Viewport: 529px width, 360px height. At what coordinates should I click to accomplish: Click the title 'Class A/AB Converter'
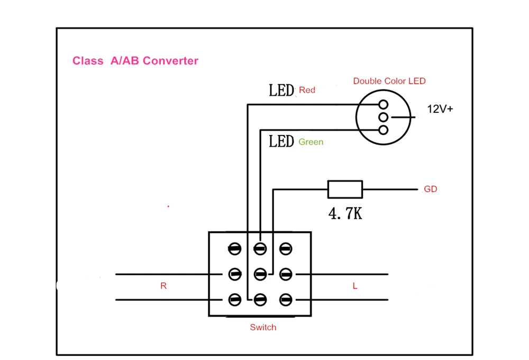135,61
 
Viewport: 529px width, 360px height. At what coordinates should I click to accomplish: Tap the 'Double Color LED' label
389,81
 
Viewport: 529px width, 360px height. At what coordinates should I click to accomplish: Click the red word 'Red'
307,90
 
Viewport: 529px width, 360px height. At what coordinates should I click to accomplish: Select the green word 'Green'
311,142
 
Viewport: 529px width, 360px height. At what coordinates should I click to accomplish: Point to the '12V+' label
440,109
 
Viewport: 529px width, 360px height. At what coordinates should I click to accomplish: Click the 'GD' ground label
431,189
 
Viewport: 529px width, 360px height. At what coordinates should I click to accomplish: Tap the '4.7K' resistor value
345,213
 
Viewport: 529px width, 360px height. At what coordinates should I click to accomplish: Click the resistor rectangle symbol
345,189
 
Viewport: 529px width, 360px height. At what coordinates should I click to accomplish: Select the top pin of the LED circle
383,104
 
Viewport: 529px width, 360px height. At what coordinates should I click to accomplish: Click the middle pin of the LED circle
383,117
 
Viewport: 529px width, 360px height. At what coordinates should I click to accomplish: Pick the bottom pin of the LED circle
383,130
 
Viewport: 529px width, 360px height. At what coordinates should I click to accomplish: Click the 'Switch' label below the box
263,327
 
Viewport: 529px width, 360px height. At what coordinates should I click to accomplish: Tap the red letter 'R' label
163,286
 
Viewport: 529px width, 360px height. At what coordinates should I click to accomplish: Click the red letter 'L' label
355,286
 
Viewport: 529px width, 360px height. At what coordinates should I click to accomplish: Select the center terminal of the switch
260,274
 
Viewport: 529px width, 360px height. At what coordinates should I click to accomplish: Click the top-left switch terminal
235,249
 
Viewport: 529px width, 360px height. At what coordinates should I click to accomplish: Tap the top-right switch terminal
286,249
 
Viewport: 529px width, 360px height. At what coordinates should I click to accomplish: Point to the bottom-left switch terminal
235,300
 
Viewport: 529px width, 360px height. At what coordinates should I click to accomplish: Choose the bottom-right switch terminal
286,300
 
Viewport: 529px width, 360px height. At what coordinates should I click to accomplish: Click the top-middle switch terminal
260,249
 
